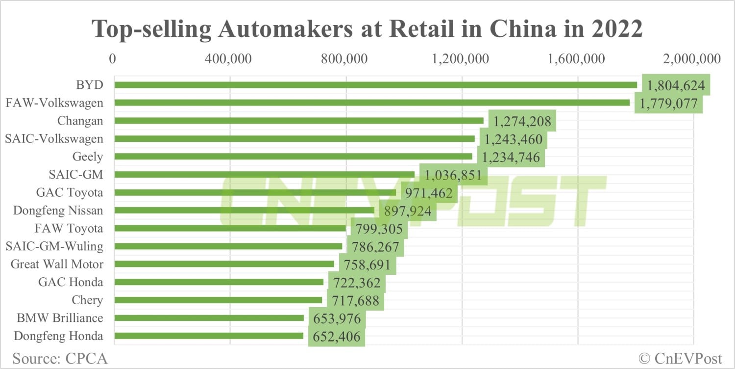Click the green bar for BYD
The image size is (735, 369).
[x=375, y=85]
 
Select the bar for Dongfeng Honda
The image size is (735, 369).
[x=209, y=336]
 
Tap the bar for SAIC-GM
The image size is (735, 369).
[x=265, y=174]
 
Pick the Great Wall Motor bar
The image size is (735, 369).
[x=224, y=264]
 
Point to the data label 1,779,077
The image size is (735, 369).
[x=668, y=103]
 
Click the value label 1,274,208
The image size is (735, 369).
[x=522, y=121]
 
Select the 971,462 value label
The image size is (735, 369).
[x=429, y=193]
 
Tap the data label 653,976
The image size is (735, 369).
[x=337, y=318]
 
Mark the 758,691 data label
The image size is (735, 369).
[x=367, y=264]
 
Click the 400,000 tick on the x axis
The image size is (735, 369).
[x=229, y=59]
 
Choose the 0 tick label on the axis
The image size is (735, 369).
[x=113, y=59]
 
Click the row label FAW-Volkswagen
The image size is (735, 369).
[x=54, y=103]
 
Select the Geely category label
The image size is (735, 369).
[x=88, y=157]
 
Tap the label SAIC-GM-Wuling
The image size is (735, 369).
[x=54, y=246]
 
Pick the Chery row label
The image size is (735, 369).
[x=87, y=300]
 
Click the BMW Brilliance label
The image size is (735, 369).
[x=60, y=318]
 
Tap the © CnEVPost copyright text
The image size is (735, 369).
[x=681, y=358]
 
